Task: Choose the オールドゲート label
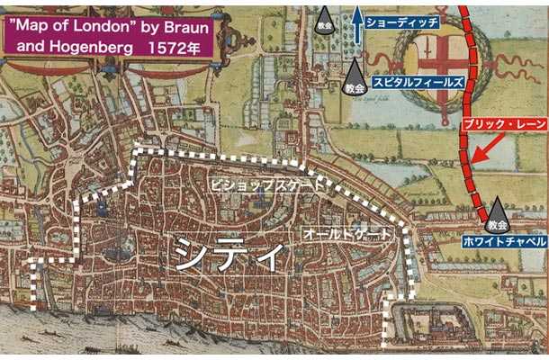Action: (x=347, y=232)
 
